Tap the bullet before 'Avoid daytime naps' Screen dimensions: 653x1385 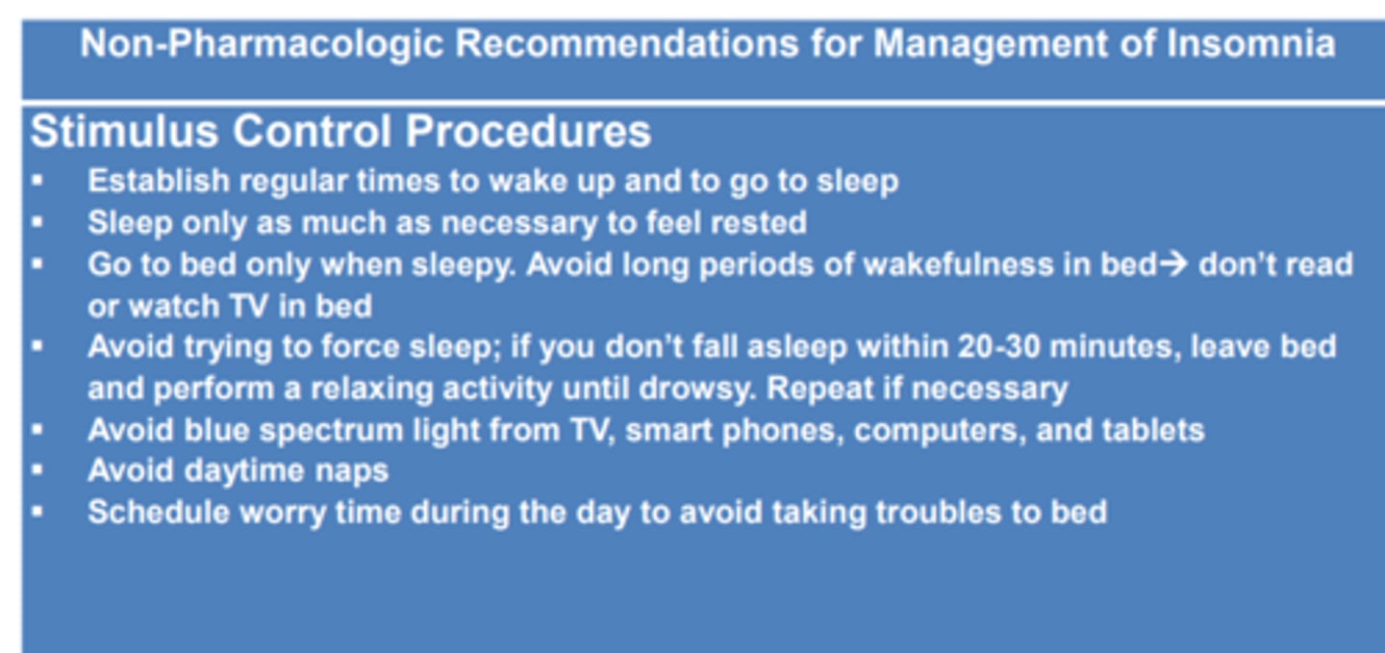(x=38, y=471)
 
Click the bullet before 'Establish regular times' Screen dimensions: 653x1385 (x=38, y=181)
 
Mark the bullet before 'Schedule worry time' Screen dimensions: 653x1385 (x=38, y=512)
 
